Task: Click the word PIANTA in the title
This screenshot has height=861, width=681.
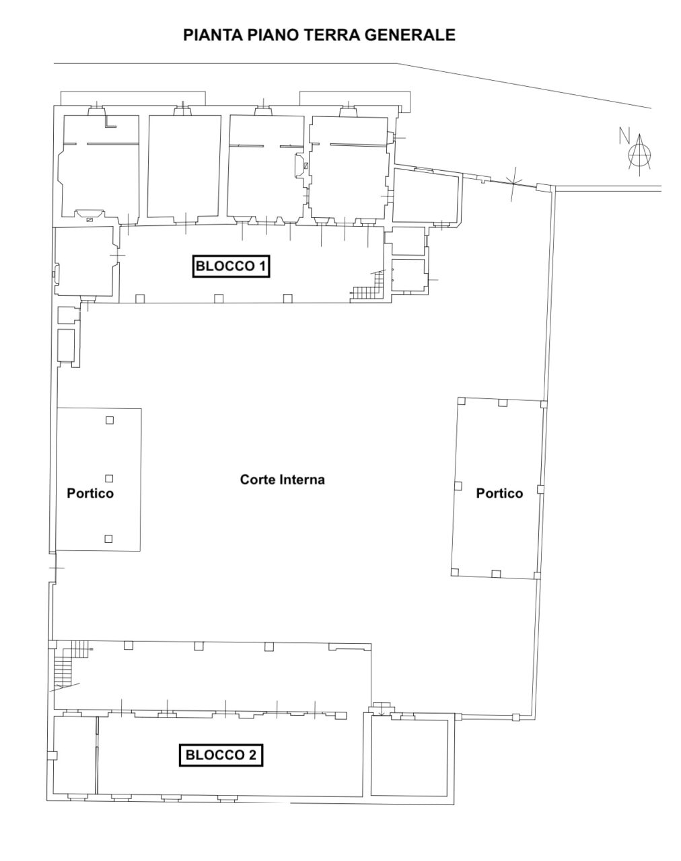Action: (x=213, y=35)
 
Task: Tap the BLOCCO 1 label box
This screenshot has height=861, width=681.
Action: (x=231, y=266)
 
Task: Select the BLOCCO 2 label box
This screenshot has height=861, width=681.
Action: (x=221, y=755)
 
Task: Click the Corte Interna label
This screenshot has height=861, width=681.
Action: (x=282, y=480)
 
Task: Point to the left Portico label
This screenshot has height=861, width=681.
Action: (x=90, y=493)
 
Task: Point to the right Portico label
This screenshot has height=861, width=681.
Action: (x=499, y=493)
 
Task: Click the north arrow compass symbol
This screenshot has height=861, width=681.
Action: (x=640, y=155)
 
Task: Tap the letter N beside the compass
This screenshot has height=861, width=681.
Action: (x=623, y=136)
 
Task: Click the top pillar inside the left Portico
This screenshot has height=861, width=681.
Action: (x=110, y=420)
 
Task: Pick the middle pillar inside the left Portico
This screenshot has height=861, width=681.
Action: (x=109, y=478)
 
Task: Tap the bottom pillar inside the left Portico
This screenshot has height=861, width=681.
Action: (x=108, y=539)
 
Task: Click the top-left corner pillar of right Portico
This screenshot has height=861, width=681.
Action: (x=461, y=401)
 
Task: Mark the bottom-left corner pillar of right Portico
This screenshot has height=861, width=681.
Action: (x=455, y=572)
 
